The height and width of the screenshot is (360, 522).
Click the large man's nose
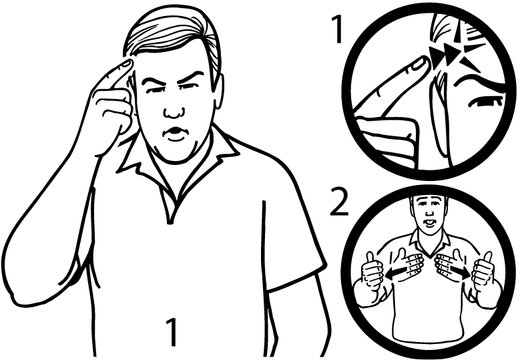pyautogui.click(x=173, y=110)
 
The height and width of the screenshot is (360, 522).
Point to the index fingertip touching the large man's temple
pyautogui.click(x=126, y=65)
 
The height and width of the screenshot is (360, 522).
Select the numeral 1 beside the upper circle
pyautogui.click(x=337, y=29)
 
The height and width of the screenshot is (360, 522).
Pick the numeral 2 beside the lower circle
pyautogui.click(x=339, y=202)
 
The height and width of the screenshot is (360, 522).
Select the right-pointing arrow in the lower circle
pyautogui.click(x=461, y=273)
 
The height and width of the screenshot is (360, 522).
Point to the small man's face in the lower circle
pyautogui.click(x=429, y=212)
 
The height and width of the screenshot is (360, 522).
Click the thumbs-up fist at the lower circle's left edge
pyautogui.click(x=372, y=273)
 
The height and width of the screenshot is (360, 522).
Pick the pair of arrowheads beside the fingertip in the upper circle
pyautogui.click(x=445, y=55)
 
